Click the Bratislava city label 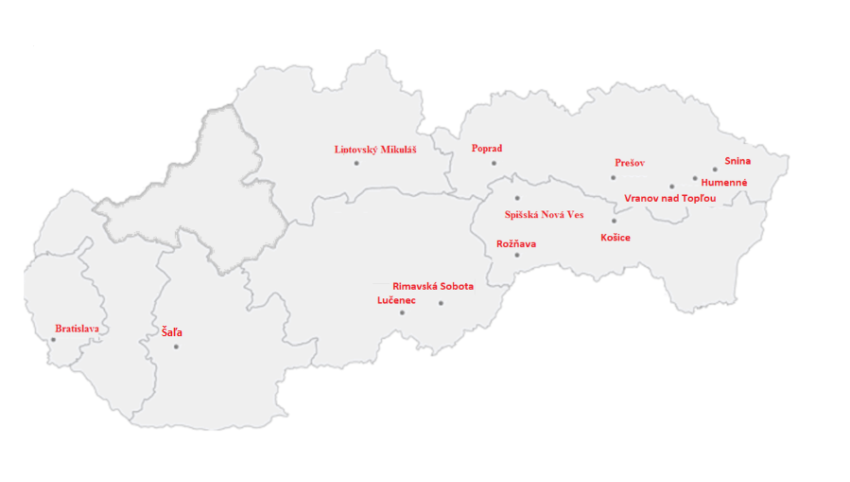pyautogui.click(x=77, y=329)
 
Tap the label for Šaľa pyautogui.click(x=171, y=332)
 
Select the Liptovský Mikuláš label pyautogui.click(x=375, y=149)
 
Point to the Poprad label pyautogui.click(x=486, y=148)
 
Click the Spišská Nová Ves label pyautogui.click(x=544, y=215)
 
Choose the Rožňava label pyautogui.click(x=516, y=243)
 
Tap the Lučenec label pyautogui.click(x=395, y=300)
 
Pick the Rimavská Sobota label pyautogui.click(x=433, y=285)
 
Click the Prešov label pyautogui.click(x=629, y=163)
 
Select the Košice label pyautogui.click(x=615, y=237)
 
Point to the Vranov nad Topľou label pyautogui.click(x=670, y=198)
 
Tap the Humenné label pyautogui.click(x=723, y=182)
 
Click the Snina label pyautogui.click(x=737, y=161)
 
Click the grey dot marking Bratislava pyautogui.click(x=53, y=340)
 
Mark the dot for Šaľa pyautogui.click(x=176, y=347)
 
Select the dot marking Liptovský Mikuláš pyautogui.click(x=356, y=163)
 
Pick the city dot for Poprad pyautogui.click(x=494, y=163)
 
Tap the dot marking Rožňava pyautogui.click(x=516, y=255)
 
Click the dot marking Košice pyautogui.click(x=613, y=221)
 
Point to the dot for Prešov pyautogui.click(x=613, y=177)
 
